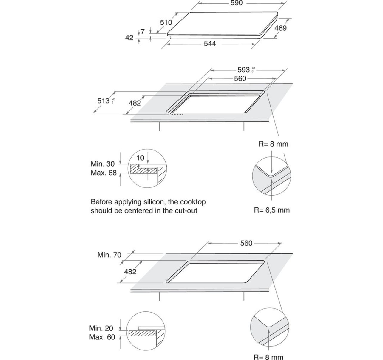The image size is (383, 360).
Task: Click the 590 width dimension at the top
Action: [x=236, y=3]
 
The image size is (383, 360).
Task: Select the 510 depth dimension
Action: [x=166, y=22]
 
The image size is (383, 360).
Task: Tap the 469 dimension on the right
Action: [x=280, y=28]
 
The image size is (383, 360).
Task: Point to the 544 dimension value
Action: [x=210, y=44]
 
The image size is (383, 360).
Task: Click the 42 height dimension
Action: [x=129, y=38]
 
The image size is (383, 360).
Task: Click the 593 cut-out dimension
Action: [x=243, y=70]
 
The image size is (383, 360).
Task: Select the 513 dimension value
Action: [x=104, y=101]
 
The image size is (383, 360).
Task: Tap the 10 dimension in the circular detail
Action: [x=140, y=158]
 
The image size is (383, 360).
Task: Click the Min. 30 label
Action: [x=102, y=164]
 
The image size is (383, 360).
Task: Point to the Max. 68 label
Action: [x=104, y=173]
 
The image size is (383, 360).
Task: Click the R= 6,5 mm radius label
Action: [x=272, y=210]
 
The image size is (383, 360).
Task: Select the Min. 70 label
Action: [x=109, y=255]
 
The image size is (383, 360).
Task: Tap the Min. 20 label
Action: [x=101, y=328]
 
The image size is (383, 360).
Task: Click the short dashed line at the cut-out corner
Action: [x=177, y=114]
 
